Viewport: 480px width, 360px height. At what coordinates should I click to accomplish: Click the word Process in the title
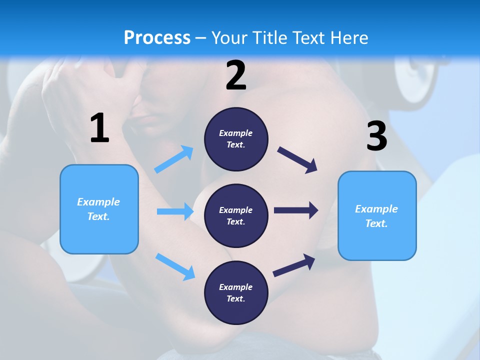coord(157,37)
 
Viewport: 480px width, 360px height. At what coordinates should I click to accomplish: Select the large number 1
coord(99,128)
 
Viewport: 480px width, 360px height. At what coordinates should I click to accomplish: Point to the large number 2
coord(236,76)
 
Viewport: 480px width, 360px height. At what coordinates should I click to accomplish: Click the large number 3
coord(376,136)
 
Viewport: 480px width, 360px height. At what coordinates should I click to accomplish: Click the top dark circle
coord(236,139)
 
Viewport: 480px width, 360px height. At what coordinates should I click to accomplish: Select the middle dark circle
coord(236,216)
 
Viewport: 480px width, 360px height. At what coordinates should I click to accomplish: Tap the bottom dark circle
coord(236,293)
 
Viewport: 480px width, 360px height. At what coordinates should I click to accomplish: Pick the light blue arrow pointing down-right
coord(175,266)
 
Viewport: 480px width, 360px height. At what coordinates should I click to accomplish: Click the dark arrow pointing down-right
coord(297,159)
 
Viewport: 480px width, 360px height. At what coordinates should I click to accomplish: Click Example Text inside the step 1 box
coord(98,209)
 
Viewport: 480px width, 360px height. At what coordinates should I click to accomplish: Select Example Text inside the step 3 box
coord(376,216)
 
